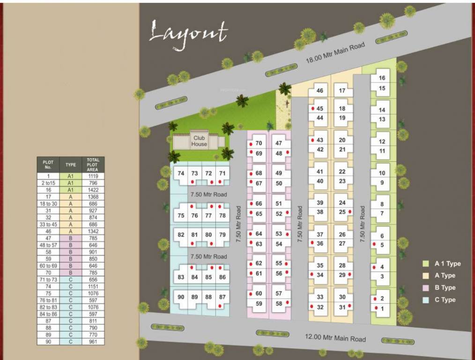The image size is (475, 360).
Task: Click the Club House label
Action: (x=199, y=141)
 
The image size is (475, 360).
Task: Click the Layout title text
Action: (x=188, y=34)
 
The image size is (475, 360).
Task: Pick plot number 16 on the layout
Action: (x=382, y=78)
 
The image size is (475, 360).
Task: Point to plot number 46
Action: (x=320, y=91)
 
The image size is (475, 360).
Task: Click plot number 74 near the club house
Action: (x=181, y=173)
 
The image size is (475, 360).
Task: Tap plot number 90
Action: (x=181, y=297)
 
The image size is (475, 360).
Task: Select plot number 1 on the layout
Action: (x=382, y=308)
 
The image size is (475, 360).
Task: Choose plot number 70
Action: (x=259, y=143)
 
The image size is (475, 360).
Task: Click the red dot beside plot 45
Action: (x=312, y=108)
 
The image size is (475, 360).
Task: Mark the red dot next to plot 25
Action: (x=350, y=212)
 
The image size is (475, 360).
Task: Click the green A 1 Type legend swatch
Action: (x=425, y=264)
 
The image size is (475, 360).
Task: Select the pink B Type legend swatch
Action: (x=425, y=288)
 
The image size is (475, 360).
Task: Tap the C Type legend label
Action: (x=445, y=300)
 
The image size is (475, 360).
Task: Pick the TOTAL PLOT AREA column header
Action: (x=93, y=165)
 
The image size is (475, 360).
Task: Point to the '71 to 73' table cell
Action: (x=48, y=279)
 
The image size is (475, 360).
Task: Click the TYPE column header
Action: (x=71, y=165)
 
